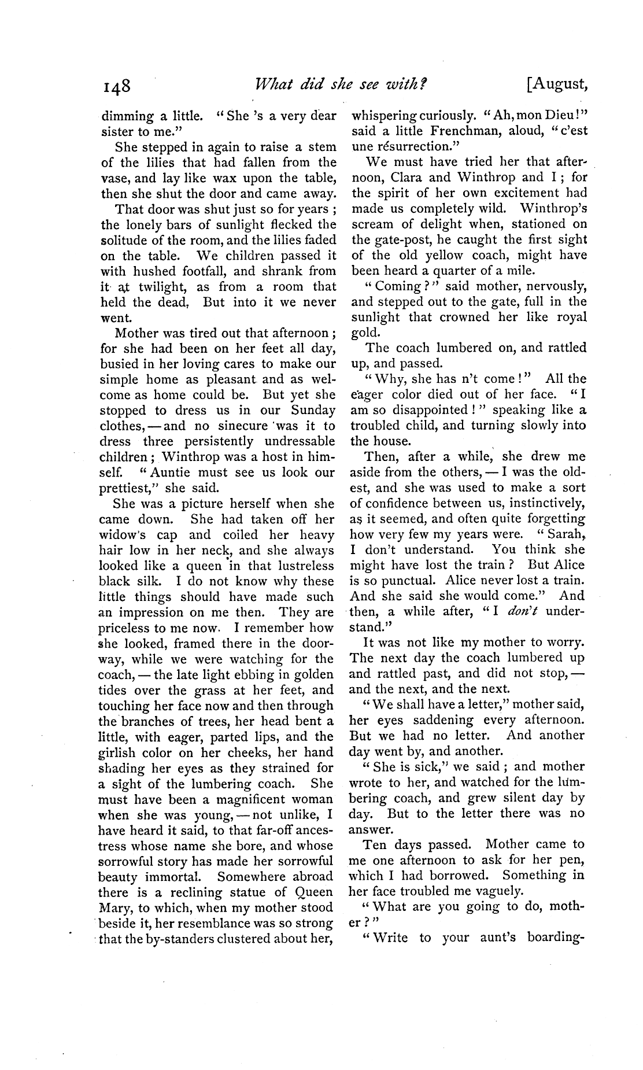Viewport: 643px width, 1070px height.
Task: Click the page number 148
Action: pos(118,86)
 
